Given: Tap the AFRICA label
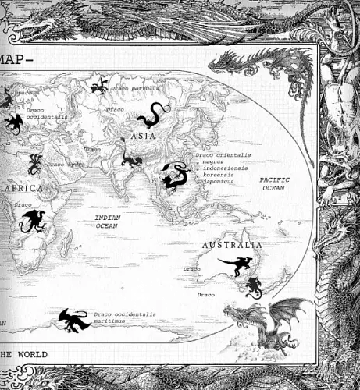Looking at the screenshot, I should pyautogui.click(x=23, y=190).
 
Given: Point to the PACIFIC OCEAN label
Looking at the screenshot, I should pyautogui.click(x=273, y=183).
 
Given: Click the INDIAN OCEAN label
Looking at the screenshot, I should pyautogui.click(x=108, y=221).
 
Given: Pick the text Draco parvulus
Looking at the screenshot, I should pyautogui.click(x=134, y=89).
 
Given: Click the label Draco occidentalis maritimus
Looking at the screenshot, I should pyautogui.click(x=125, y=318).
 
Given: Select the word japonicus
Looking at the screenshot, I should pyautogui.click(x=219, y=182).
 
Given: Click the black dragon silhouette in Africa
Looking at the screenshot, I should pyautogui.click(x=34, y=220).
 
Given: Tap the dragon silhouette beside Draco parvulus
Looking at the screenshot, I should pyautogui.click(x=99, y=87).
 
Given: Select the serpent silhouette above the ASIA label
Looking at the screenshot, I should pyautogui.click(x=148, y=118).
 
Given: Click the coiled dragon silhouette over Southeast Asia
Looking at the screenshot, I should pyautogui.click(x=173, y=175).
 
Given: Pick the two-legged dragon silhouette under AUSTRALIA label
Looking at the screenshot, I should pyautogui.click(x=233, y=266).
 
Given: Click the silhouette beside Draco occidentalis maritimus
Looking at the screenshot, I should pyautogui.click(x=73, y=317).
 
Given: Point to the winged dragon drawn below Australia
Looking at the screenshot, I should pyautogui.click(x=266, y=318).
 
